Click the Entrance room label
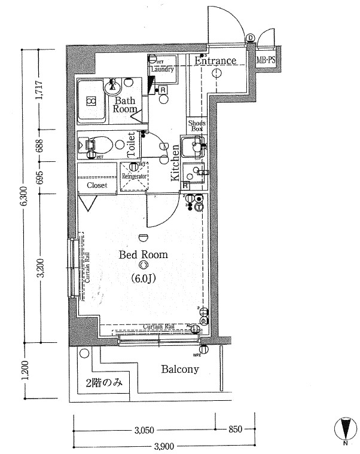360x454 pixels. pos(216,60)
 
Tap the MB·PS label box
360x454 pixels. pos(266,60)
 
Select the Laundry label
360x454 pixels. pos(162,69)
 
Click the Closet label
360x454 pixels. pos(97,185)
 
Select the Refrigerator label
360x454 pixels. pos(135,177)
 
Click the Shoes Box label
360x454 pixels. pos(197,125)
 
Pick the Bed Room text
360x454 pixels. pos(143,254)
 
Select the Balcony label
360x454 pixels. pos(179,369)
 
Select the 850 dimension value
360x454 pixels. pos(236,430)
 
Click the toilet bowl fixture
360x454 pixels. pos(98,144)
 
